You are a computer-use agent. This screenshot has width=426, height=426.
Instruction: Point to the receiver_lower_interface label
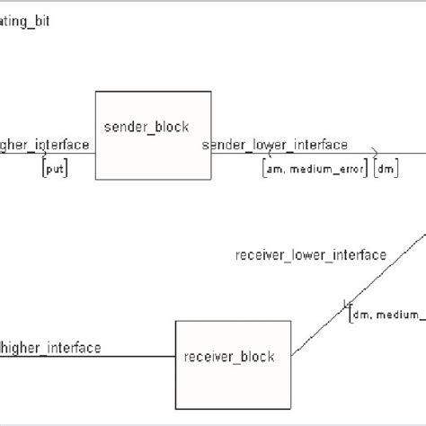tap(310, 255)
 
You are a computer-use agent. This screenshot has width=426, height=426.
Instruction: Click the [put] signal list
tap(54, 168)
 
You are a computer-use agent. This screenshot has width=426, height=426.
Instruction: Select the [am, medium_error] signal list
tap(315, 168)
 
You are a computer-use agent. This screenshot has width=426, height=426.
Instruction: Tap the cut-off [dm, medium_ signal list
tap(387, 314)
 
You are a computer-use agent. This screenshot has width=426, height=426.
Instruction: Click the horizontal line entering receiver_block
tap(90, 356)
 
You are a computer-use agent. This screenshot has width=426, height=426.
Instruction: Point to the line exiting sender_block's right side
tap(270, 154)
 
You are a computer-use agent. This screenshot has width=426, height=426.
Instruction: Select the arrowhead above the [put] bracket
tap(44, 154)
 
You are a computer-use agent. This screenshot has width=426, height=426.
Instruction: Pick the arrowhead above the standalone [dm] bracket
tap(376, 154)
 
